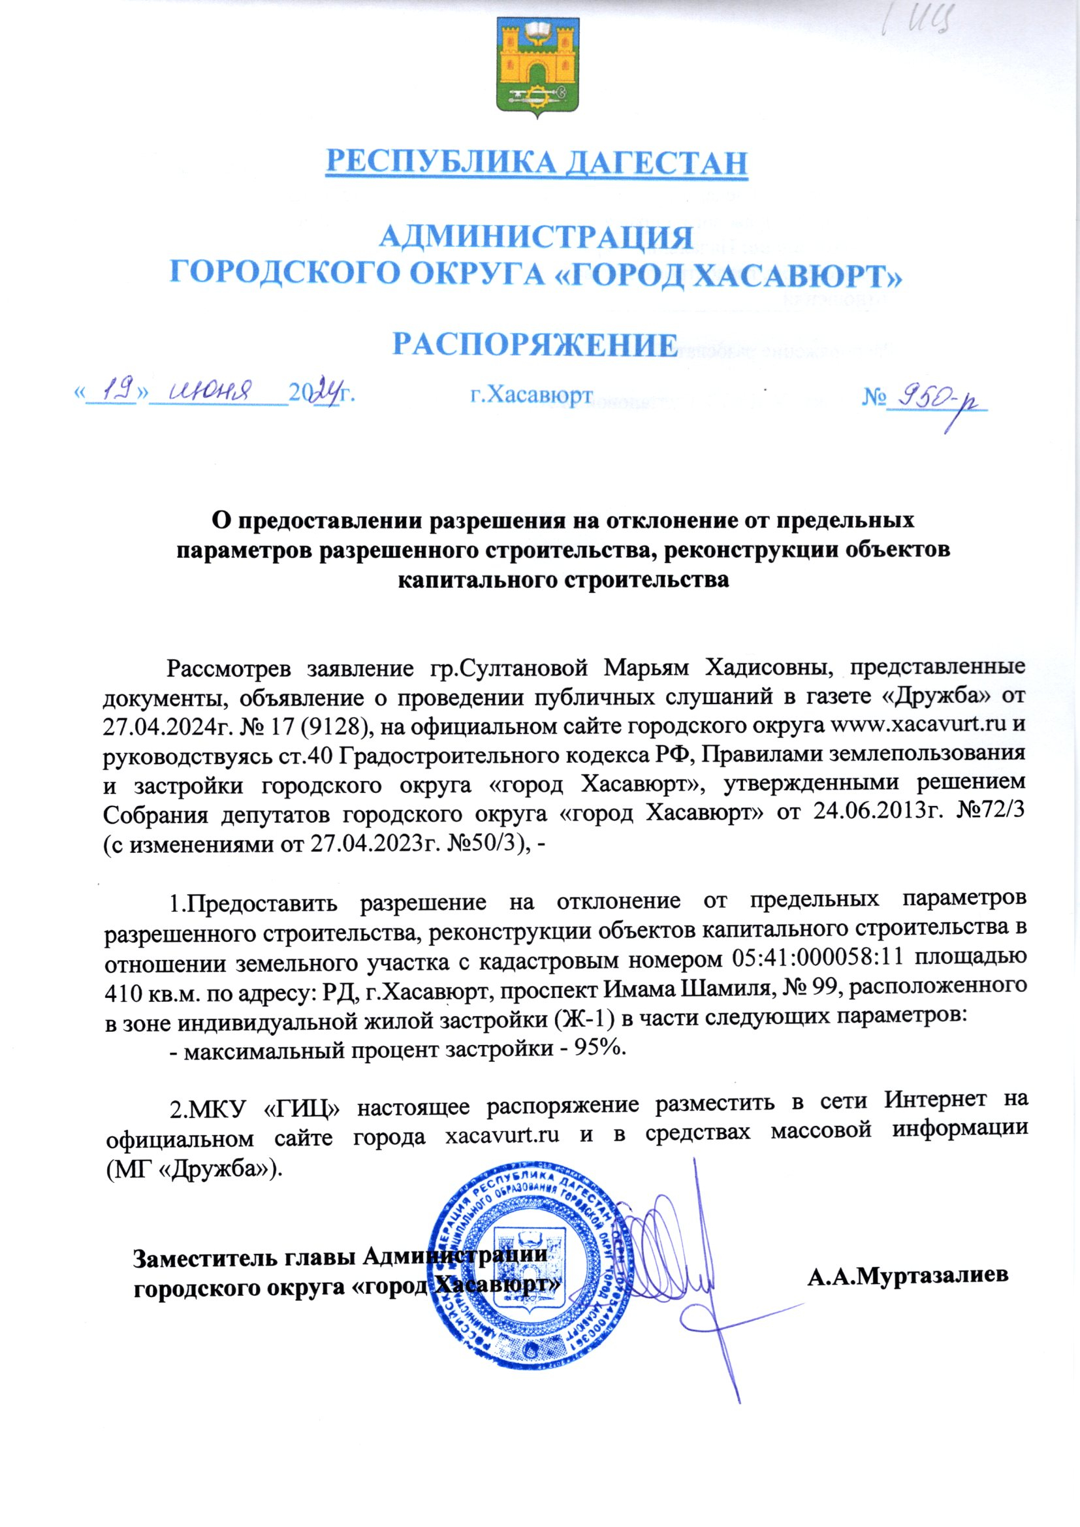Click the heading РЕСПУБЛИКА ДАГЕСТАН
click(x=537, y=162)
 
